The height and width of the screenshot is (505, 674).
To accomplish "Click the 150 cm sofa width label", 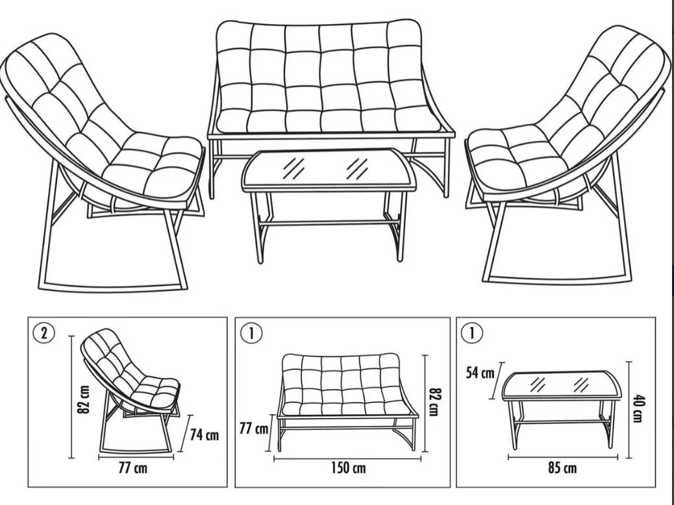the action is [x=348, y=467].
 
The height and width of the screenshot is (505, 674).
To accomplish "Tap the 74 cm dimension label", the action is [x=204, y=435].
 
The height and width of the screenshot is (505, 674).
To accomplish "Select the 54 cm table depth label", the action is [x=480, y=372].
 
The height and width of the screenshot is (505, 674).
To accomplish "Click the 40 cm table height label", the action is [x=637, y=408].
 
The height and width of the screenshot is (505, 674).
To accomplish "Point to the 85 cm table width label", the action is [x=562, y=467].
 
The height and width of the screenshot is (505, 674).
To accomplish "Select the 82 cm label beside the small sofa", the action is [x=436, y=402].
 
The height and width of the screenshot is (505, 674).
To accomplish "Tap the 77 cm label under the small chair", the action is [x=133, y=467].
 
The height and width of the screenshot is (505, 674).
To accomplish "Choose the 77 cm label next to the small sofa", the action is [x=254, y=428].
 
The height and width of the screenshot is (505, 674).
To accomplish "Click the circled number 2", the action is [x=44, y=334].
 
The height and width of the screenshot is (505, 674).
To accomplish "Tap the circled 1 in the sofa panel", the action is [x=251, y=334].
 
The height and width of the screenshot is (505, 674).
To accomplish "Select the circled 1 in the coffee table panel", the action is [x=471, y=334].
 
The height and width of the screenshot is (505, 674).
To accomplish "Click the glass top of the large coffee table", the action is [x=329, y=169].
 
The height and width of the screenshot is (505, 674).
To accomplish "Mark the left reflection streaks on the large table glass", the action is [x=293, y=168].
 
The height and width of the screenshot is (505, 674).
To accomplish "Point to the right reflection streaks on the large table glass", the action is [x=357, y=168].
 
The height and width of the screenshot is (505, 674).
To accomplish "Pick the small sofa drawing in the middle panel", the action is [x=347, y=402].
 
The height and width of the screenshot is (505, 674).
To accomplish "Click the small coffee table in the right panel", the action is [x=562, y=408].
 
